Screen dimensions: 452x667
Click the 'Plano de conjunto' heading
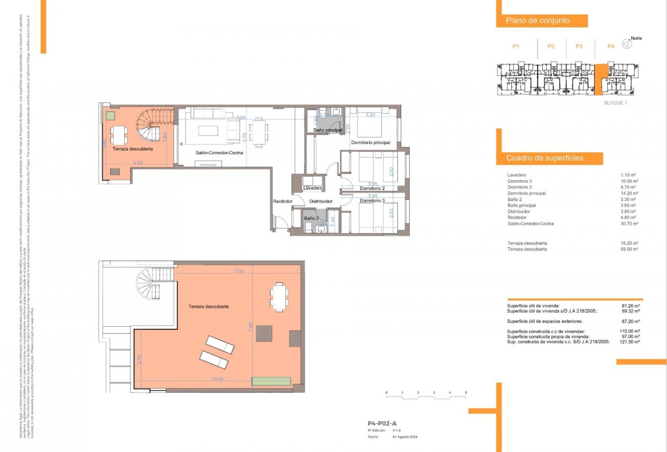(x=538, y=21)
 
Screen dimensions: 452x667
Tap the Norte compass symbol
(x=627, y=44)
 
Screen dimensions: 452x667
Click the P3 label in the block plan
(x=579, y=46)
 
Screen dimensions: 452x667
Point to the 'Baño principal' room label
(x=328, y=130)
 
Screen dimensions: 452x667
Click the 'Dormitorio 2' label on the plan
(x=372, y=188)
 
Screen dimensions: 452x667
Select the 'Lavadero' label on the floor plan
(x=313, y=188)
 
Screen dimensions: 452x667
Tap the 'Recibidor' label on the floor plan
(x=283, y=201)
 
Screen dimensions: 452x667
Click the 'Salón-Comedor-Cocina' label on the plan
(x=219, y=153)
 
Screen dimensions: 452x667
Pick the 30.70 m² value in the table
(x=630, y=224)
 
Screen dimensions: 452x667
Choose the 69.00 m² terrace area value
(x=630, y=249)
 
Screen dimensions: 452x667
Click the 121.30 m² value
(x=630, y=342)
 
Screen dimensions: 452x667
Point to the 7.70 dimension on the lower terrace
(x=239, y=272)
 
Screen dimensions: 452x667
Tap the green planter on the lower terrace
(x=272, y=381)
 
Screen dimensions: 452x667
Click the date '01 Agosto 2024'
(x=405, y=437)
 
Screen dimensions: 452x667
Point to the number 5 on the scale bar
(x=465, y=392)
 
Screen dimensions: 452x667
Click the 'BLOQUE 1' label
(x=615, y=103)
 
